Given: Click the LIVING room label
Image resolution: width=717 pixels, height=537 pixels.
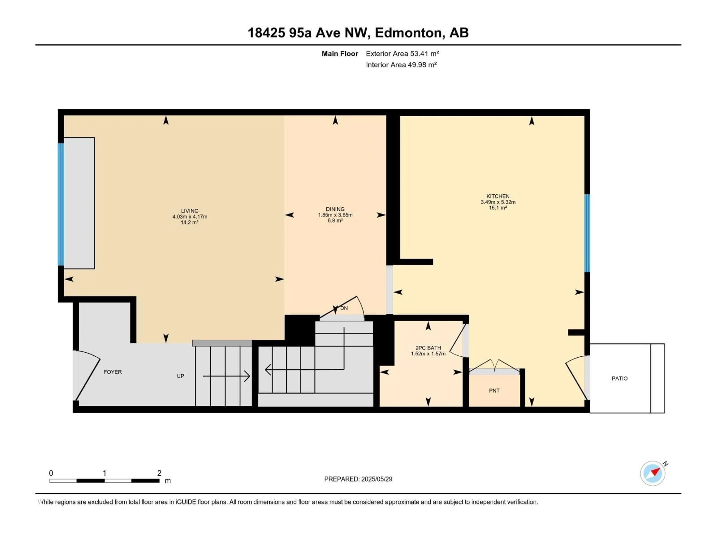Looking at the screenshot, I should coord(190,211).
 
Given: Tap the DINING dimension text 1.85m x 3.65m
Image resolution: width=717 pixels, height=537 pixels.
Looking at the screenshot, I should coord(335,215).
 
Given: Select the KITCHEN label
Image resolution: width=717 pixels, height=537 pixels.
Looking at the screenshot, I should coord(498,196).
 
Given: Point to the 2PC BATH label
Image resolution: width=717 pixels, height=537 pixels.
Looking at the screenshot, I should coord(428,348).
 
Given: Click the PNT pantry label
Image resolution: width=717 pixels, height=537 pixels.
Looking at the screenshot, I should coord(494,391).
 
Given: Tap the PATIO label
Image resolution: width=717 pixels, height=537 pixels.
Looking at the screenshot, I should coord(619,378).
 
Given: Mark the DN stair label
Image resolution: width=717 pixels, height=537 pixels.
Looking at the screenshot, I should coord(344,308).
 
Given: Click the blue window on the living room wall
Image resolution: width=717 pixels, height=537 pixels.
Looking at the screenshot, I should coord(61,204).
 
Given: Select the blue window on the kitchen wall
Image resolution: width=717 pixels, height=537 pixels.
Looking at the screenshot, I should coord(587,233).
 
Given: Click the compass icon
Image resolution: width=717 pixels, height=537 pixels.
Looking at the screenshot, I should coord(653,473).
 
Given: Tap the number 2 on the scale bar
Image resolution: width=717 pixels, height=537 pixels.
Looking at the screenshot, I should coord(159,473).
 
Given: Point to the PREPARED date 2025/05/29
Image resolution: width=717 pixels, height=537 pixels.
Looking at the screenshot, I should coord(358,479).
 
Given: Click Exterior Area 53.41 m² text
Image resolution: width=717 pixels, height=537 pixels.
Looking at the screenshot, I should coord(402,54).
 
